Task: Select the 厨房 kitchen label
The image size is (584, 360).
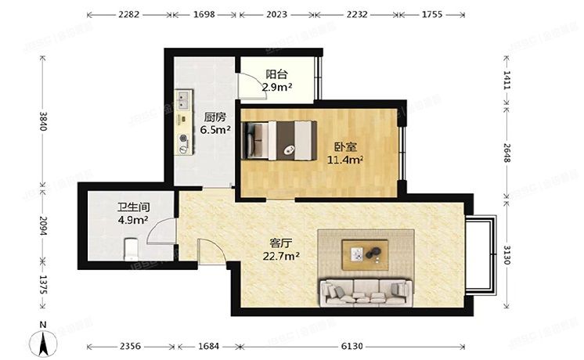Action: (216, 118)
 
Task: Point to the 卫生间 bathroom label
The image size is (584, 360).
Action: (133, 208)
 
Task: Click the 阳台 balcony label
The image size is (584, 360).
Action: (274, 74)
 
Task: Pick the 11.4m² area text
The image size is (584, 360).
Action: (344, 160)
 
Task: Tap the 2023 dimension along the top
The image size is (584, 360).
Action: (279, 14)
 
